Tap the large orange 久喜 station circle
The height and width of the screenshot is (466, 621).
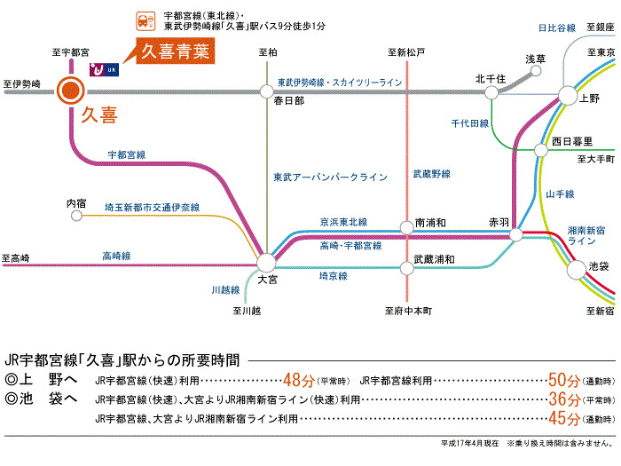[x=69, y=89]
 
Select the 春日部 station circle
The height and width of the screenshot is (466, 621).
[x=266, y=90]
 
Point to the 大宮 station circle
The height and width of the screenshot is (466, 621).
[x=266, y=262]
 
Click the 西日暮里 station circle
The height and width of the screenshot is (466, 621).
[x=541, y=151]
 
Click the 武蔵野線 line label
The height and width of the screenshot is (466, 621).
[x=432, y=174]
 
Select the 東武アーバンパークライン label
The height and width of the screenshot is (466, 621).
[x=330, y=178]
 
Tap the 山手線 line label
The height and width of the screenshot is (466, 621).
[x=561, y=194]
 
